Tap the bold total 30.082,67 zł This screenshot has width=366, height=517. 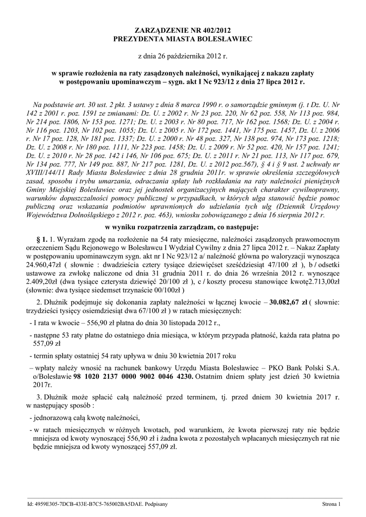(x=290, y=302)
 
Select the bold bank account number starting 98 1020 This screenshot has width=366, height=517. (x=133, y=377)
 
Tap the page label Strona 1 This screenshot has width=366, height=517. (x=332, y=504)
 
